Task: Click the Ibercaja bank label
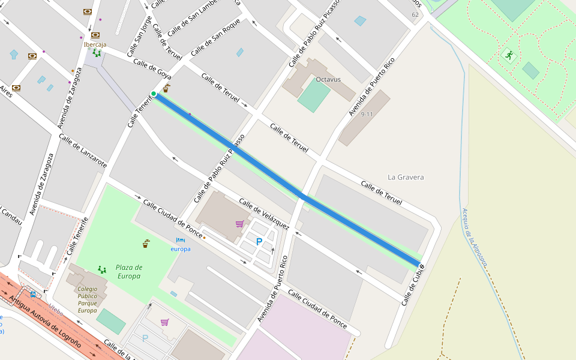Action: pos(95,44)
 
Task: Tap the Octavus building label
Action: pos(328,79)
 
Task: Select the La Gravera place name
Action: pos(406,177)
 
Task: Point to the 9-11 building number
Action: pos(367,114)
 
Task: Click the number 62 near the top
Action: pos(415,14)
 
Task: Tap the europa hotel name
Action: pos(181,249)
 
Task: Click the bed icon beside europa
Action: pos(180,241)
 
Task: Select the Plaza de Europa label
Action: pos(129,272)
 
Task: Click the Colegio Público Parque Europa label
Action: pos(88,299)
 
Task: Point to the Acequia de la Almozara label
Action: pos(474,236)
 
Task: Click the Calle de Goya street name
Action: pos(152,69)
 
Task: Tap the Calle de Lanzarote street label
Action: pos(83,151)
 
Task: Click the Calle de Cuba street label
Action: pos(413,286)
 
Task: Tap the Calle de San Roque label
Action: pos(215,38)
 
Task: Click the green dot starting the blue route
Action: pos(154,94)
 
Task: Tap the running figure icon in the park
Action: pos(509,55)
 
